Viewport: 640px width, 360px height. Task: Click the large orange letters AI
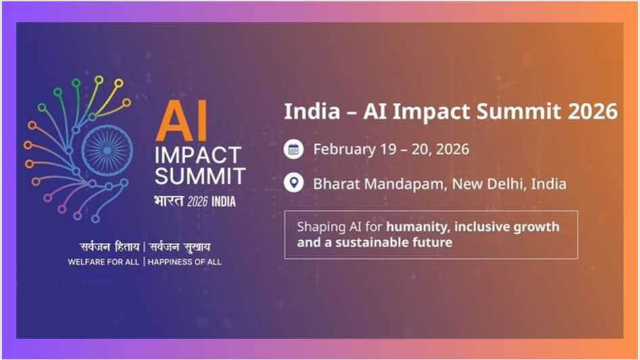pyautogui.click(x=181, y=120)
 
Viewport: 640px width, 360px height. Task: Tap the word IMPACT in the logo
pyautogui.click(x=198, y=156)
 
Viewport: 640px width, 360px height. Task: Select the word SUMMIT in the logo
pyautogui.click(x=200, y=177)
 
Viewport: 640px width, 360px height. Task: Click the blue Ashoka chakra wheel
pyautogui.click(x=107, y=150)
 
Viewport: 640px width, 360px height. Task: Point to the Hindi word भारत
pyautogui.click(x=168, y=201)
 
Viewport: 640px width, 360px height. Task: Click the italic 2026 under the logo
pyautogui.click(x=198, y=202)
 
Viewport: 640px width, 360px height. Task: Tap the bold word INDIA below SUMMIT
pyautogui.click(x=223, y=202)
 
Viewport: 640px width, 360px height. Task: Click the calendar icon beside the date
pyautogui.click(x=294, y=150)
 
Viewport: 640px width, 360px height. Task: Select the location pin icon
pyautogui.click(x=294, y=183)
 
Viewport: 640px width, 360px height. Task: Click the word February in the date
pyautogui.click(x=344, y=150)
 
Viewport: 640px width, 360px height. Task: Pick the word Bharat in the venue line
pyautogui.click(x=336, y=184)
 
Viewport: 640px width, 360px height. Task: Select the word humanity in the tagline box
pyautogui.click(x=418, y=227)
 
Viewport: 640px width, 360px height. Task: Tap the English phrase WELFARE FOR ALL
pyautogui.click(x=104, y=262)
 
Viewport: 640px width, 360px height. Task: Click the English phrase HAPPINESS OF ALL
pyautogui.click(x=185, y=262)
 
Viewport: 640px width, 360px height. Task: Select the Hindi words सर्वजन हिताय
pyautogui.click(x=110, y=247)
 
